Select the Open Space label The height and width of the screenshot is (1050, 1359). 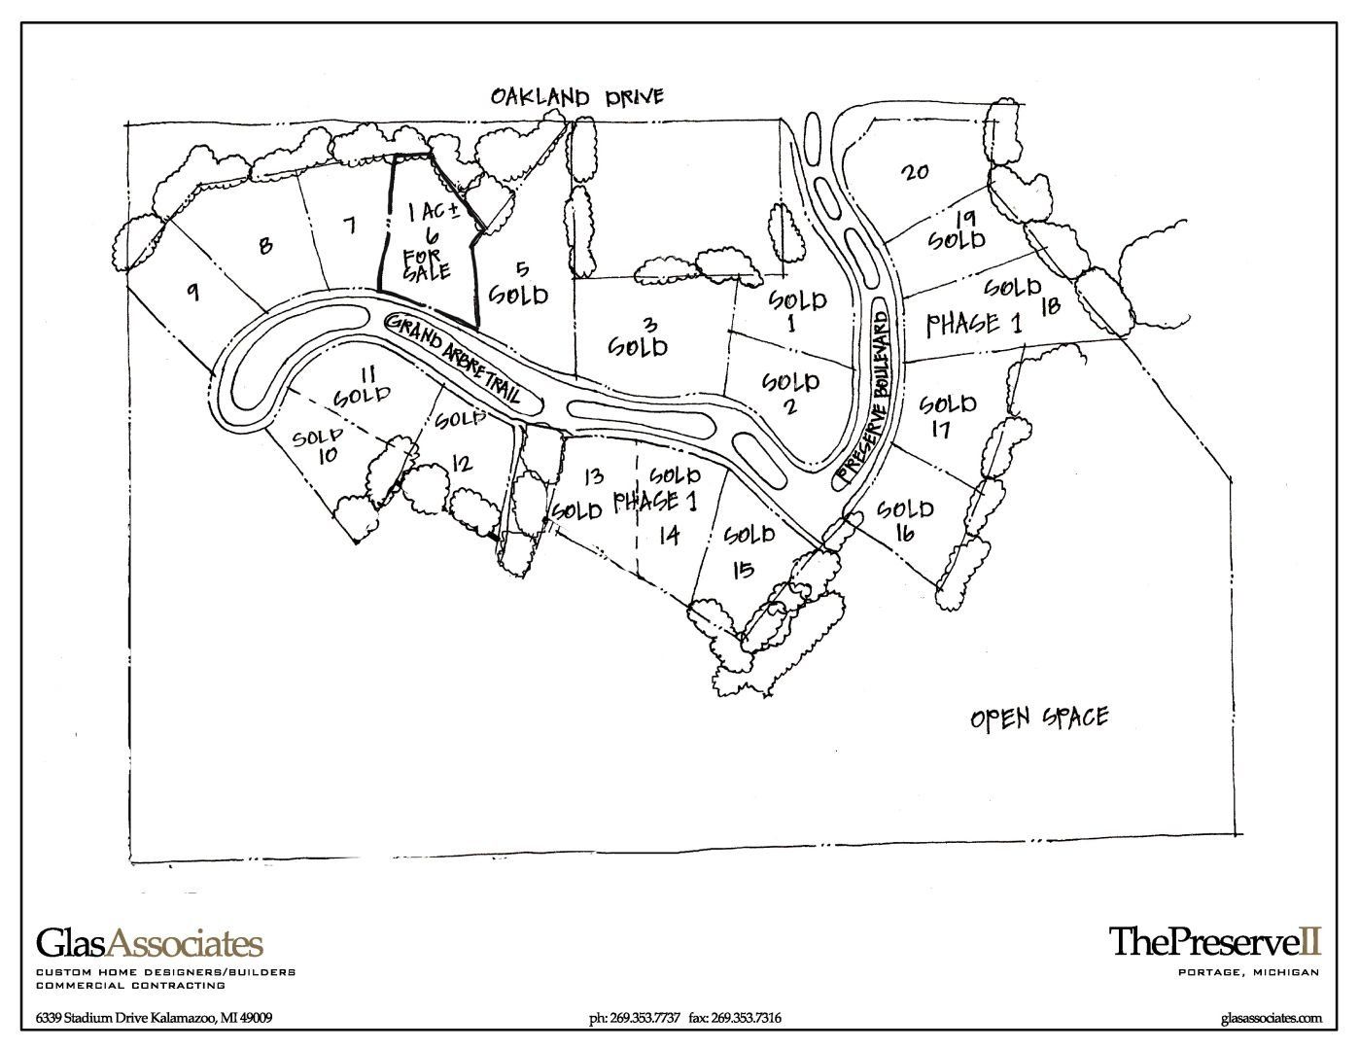(1039, 718)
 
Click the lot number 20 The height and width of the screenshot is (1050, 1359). (915, 172)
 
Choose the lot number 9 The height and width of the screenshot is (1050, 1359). (193, 291)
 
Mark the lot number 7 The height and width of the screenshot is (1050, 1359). (349, 226)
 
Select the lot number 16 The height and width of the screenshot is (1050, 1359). (905, 533)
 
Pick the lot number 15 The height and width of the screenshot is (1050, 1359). (742, 570)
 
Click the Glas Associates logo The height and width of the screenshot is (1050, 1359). (150, 942)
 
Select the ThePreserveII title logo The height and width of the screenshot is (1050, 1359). (1215, 940)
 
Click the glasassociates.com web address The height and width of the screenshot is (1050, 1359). (1271, 1018)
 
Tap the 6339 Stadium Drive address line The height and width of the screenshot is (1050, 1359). (154, 1019)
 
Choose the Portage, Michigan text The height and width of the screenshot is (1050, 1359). (1247, 972)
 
